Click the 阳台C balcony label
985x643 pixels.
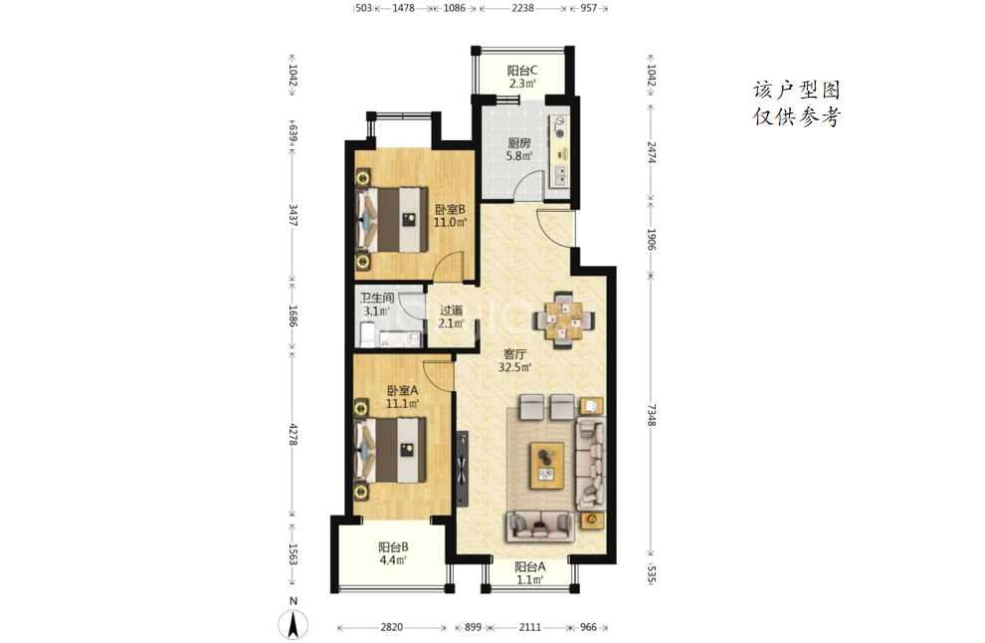(522, 71)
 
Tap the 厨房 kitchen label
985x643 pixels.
(519, 142)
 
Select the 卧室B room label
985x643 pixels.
(450, 209)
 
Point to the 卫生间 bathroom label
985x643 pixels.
(376, 298)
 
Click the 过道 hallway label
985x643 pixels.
(451, 310)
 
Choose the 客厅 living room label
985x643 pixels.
(514, 354)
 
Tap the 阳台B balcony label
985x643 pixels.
(393, 546)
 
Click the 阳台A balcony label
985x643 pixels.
(529, 566)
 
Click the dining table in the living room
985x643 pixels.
(563, 320)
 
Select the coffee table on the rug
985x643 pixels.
(546, 465)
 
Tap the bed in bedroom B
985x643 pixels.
(391, 219)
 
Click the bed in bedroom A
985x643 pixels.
(391, 450)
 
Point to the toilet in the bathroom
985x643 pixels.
(366, 333)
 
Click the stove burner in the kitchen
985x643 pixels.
(559, 132)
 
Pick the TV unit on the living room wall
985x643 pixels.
(463, 468)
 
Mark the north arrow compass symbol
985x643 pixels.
(293, 623)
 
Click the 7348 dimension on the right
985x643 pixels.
(652, 415)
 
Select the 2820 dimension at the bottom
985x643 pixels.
(391, 627)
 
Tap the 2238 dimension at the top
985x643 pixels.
(522, 8)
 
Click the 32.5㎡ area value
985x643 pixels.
(514, 367)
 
